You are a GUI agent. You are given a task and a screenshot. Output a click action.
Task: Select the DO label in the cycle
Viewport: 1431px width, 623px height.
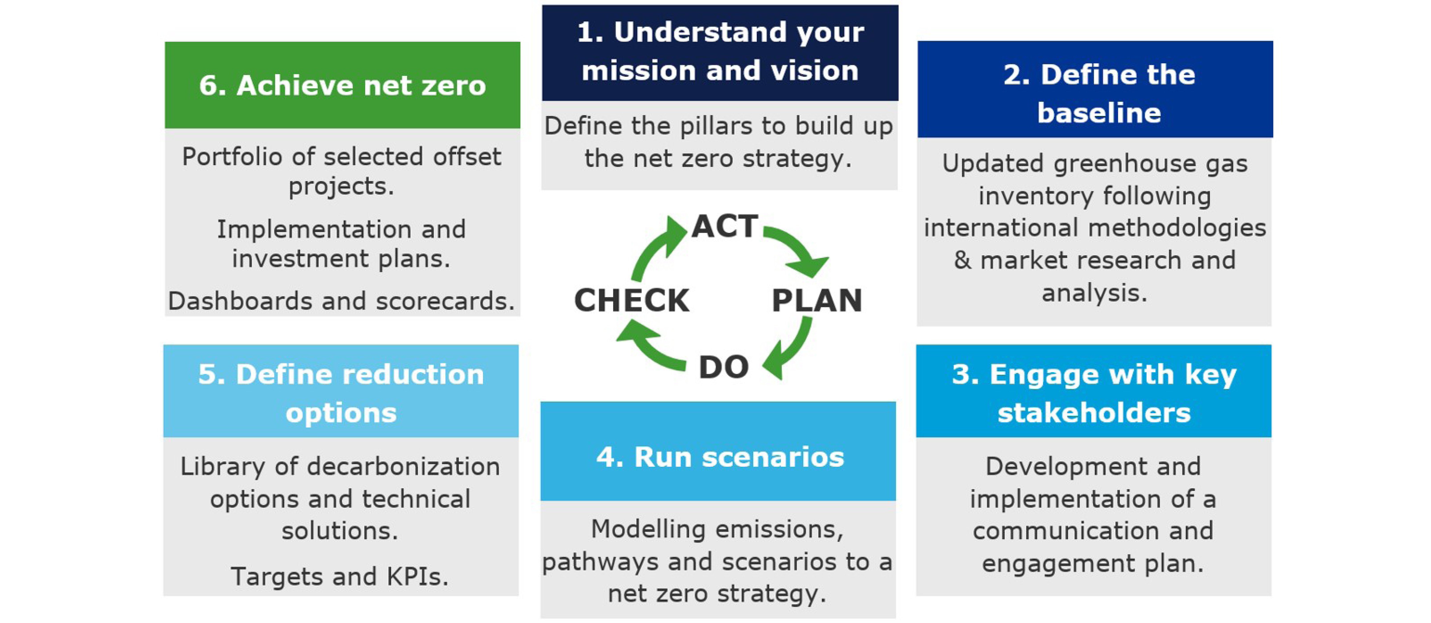[724, 367]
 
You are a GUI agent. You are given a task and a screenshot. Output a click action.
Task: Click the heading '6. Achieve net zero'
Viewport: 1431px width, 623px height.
[342, 86]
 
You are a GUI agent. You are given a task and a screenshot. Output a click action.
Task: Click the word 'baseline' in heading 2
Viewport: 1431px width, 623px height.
[1099, 113]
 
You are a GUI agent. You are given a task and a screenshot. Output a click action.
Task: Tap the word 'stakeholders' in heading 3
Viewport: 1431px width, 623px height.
[1094, 413]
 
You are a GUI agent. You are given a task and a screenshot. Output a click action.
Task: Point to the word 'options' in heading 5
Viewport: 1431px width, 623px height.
[341, 413]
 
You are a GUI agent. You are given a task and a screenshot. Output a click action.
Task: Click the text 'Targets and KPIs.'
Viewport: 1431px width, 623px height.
[339, 576]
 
